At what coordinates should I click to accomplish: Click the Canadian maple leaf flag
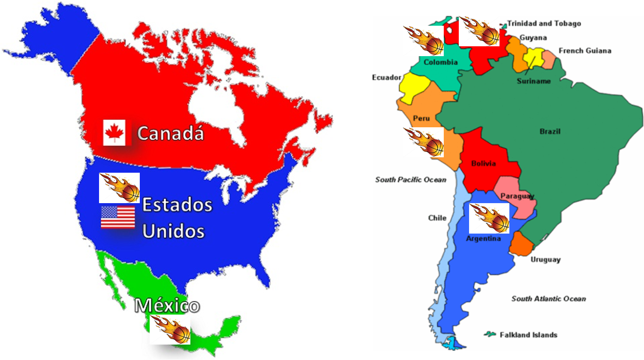pos(114,133)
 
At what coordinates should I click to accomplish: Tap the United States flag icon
pos(118,217)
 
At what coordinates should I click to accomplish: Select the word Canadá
pos(170,133)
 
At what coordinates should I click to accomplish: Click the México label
pos(167,306)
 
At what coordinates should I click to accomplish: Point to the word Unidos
pos(173,231)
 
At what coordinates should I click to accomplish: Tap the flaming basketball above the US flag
pos(119,188)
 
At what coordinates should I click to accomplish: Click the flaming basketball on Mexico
pos(170,330)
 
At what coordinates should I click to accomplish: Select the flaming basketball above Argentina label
pos(489,218)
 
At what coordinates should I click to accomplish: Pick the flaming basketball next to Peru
pos(424,142)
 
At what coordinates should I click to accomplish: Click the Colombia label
pos(440,62)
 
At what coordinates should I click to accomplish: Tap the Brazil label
pos(550,132)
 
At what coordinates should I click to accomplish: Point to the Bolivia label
pos(483,163)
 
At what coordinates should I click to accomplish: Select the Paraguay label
pos(517,196)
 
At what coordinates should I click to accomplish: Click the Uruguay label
pos(545,259)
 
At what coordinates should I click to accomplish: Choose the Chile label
pos(437,218)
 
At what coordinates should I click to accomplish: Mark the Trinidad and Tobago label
pos(544,24)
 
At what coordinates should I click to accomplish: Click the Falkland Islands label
pos(528,335)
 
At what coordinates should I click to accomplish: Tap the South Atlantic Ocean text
pos(548,299)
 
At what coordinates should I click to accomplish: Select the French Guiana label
pos(585,51)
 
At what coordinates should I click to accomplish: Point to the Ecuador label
pos(387,78)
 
